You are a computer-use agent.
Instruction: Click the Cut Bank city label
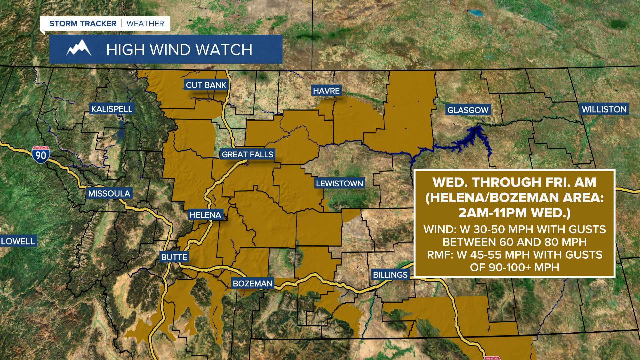point(206,85)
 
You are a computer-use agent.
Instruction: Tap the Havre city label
point(326,91)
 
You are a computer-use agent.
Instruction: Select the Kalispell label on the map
point(112,109)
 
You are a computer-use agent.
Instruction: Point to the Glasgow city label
point(468,110)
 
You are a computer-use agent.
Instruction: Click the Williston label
point(604,109)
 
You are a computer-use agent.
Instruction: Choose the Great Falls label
point(247,154)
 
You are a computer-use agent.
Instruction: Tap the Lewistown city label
point(339,183)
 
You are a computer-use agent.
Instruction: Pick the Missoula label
point(109,193)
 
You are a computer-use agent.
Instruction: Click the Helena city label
point(205,215)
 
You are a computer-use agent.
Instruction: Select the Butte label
point(174,257)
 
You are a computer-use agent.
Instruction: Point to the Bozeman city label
point(252,283)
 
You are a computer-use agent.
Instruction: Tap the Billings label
point(390,275)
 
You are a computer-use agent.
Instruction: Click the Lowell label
point(18,241)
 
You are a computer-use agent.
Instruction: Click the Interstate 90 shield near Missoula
point(41,155)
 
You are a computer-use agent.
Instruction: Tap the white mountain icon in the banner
point(79,49)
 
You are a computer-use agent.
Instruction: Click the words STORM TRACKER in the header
point(83,24)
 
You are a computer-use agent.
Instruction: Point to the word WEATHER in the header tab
point(145,24)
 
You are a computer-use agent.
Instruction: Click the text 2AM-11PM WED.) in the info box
point(514,213)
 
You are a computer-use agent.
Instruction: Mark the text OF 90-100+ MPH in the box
point(514,267)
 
